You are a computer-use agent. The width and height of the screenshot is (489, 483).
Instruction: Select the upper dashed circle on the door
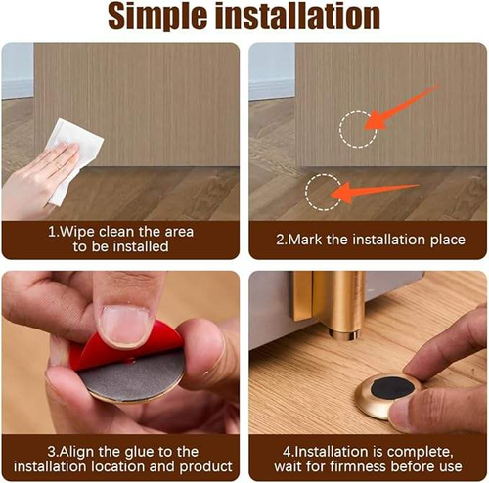[359, 128]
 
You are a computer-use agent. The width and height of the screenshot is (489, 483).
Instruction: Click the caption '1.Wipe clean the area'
[121, 232]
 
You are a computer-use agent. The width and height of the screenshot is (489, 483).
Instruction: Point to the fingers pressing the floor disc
[440, 386]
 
